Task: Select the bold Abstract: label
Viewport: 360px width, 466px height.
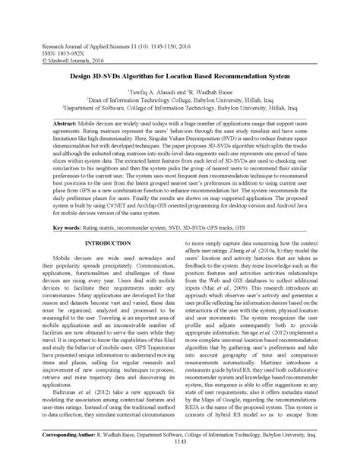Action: [67, 122]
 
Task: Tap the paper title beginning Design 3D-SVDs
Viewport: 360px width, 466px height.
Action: [180, 76]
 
